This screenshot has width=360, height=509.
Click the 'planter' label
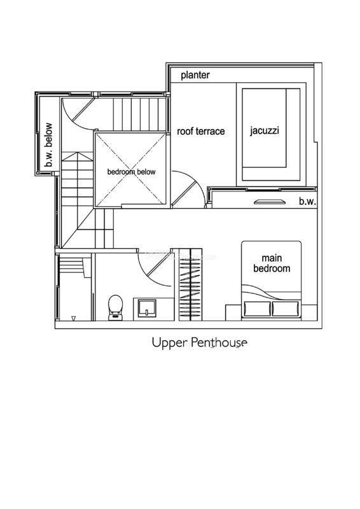(195, 75)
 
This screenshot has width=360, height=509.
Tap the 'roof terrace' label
(200, 131)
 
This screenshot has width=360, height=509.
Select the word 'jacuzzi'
(265, 131)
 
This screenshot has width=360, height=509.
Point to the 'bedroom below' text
(132, 172)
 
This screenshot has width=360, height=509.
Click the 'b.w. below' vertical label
(48, 144)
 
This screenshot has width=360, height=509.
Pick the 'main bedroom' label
(272, 263)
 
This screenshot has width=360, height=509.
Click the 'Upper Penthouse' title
(200, 342)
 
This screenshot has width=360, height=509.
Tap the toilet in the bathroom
(115, 307)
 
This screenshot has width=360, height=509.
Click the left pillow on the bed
(257, 309)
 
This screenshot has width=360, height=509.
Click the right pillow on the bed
(286, 309)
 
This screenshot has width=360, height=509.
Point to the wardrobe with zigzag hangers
(191, 284)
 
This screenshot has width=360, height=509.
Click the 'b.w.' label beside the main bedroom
(307, 201)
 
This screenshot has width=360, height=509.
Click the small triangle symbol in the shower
(73, 319)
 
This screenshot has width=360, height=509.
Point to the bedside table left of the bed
(233, 312)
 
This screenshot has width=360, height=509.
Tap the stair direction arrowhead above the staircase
(77, 157)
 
